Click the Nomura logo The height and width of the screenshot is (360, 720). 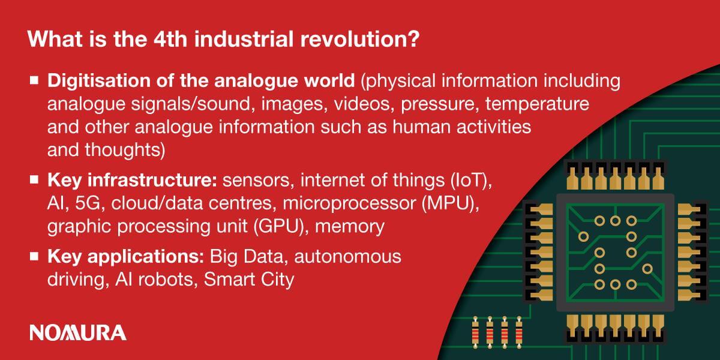coord(78,332)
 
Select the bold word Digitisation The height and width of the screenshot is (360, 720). coord(99,80)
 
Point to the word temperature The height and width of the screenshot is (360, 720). coord(537,104)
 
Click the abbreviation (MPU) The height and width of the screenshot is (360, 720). coord(451,203)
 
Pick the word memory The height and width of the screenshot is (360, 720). coord(350,227)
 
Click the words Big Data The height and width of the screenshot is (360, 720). coord(247,257)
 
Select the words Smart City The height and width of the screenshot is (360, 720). coord(249,280)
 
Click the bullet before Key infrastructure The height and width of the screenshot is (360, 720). coord(34,179)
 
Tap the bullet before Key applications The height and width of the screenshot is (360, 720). coord(34,256)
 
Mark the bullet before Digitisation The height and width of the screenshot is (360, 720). coord(34,80)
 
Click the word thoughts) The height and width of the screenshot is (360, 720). coord(125,150)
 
